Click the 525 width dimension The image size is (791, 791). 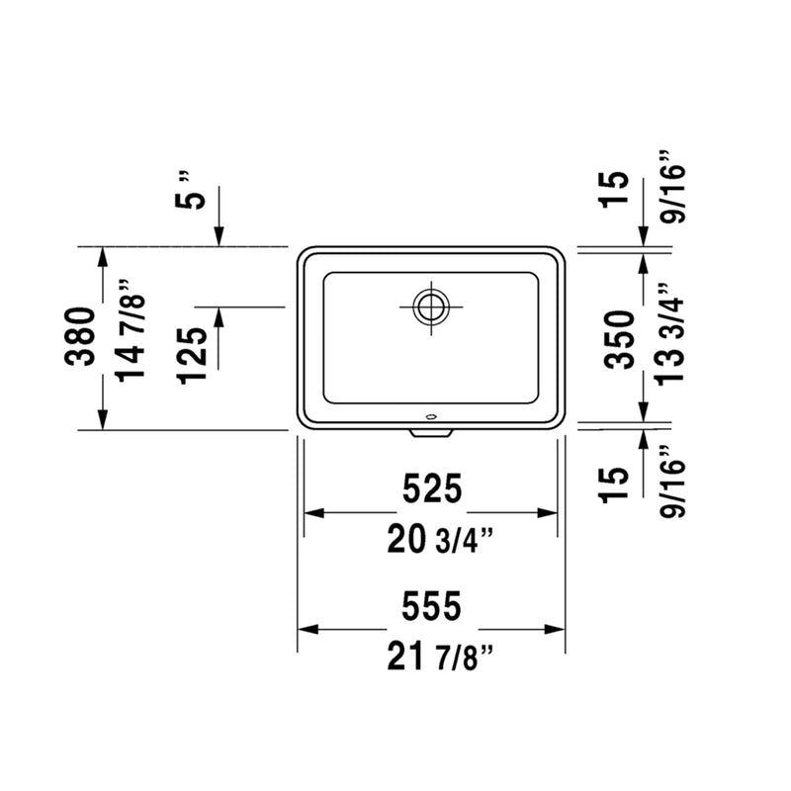coord(431,488)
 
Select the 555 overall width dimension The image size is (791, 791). coord(431,607)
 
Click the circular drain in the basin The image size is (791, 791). coord(431,306)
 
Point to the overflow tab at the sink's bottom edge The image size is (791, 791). coord(431,432)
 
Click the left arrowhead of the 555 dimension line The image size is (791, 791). coord(307,629)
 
